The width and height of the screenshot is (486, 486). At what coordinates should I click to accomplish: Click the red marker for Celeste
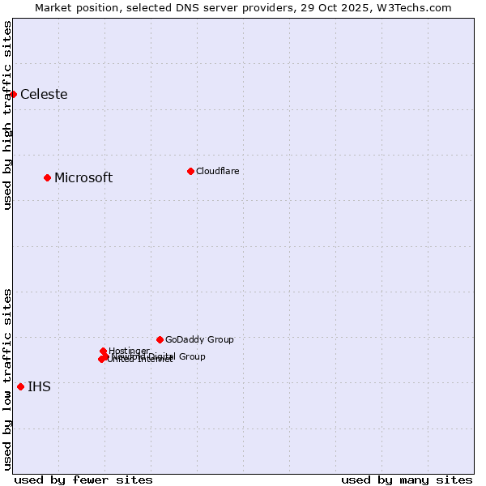click(13, 94)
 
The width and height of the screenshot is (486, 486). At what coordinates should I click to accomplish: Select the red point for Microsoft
click(47, 177)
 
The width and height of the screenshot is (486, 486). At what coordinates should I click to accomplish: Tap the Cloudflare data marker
click(190, 171)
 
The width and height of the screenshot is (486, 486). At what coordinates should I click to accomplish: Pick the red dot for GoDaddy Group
click(160, 339)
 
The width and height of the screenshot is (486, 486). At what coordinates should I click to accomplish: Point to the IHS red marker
click(20, 386)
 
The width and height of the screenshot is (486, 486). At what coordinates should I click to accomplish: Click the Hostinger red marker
click(103, 351)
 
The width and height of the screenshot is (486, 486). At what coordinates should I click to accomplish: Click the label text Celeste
click(44, 94)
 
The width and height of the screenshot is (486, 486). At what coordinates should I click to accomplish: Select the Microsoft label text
click(83, 177)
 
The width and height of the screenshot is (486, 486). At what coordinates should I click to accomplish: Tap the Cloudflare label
click(217, 171)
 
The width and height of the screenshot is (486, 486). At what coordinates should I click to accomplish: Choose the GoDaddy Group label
click(199, 339)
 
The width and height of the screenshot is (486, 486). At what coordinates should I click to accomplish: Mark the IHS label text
click(39, 386)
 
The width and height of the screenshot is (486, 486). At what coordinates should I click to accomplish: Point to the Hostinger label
click(130, 351)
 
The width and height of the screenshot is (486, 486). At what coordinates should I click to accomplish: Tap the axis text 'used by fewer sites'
click(83, 480)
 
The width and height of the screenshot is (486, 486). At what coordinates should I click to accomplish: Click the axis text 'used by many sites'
click(407, 480)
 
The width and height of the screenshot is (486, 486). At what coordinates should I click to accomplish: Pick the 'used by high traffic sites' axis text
click(7, 115)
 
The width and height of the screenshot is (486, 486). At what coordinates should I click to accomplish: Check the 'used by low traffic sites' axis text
click(7, 378)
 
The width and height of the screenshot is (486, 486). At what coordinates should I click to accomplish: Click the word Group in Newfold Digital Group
click(191, 356)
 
